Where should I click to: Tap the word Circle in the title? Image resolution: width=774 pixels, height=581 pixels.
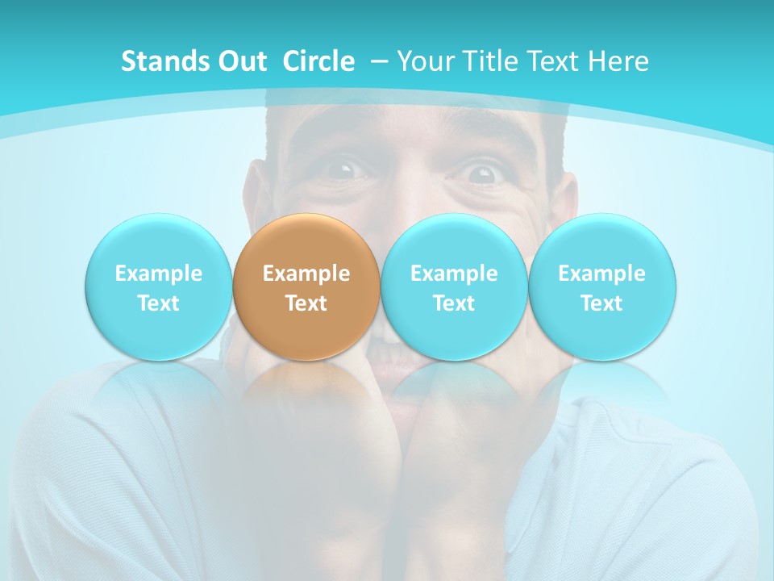(x=318, y=61)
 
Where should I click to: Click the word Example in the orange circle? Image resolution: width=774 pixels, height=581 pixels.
(x=306, y=274)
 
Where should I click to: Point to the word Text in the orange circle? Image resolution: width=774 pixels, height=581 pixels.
(x=306, y=303)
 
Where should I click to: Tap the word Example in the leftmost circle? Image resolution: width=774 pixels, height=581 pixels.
(x=158, y=274)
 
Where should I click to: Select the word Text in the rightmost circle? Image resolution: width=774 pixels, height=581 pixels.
(x=601, y=303)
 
